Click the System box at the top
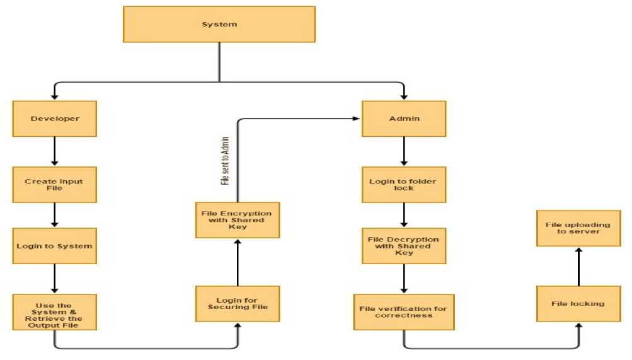point(219,25)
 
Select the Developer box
point(55,119)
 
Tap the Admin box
point(404,119)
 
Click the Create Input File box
point(55,184)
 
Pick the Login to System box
point(55,246)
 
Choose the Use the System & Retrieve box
point(55,312)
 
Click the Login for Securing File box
point(238,303)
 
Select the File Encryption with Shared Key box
point(238,219)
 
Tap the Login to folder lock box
point(404,184)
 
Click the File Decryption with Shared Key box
point(404,246)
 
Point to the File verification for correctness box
point(404,311)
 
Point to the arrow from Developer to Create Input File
point(55,151)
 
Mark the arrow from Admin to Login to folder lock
point(404,151)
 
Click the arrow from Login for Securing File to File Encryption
point(238,262)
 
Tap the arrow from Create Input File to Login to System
point(55,215)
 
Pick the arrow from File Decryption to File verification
point(404,278)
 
